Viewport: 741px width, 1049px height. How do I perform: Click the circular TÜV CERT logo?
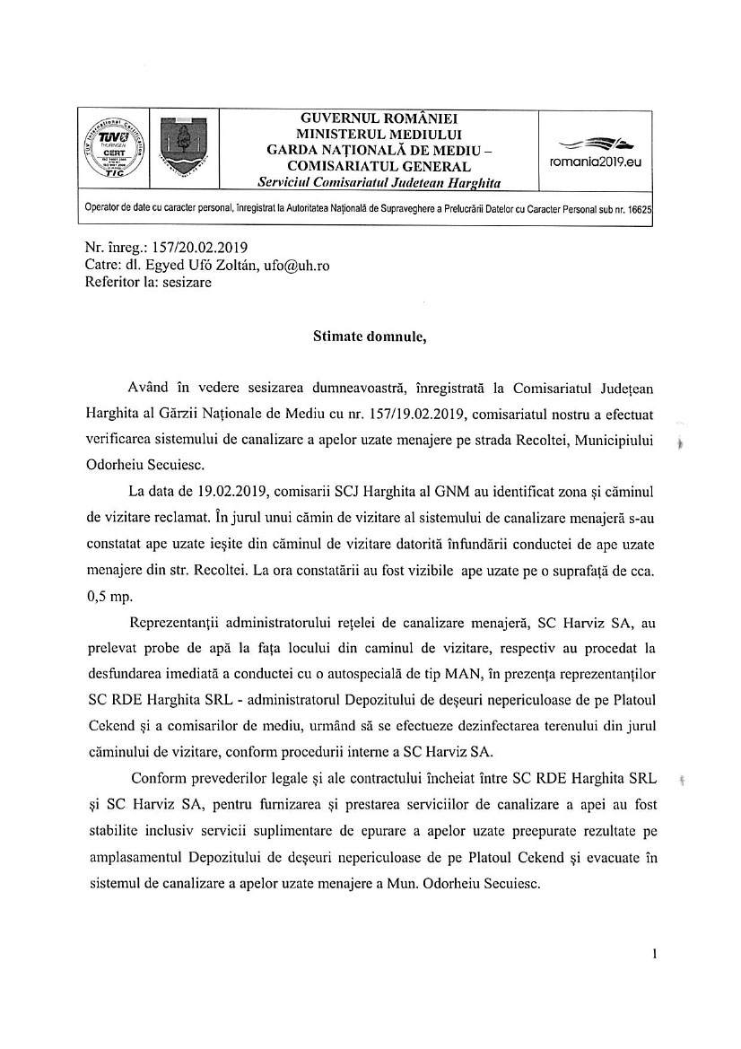point(112,150)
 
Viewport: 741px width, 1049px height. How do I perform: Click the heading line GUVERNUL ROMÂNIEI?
point(378,118)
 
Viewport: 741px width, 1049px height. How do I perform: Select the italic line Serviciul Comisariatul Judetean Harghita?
point(378,182)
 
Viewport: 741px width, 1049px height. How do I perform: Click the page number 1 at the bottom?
point(657,955)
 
